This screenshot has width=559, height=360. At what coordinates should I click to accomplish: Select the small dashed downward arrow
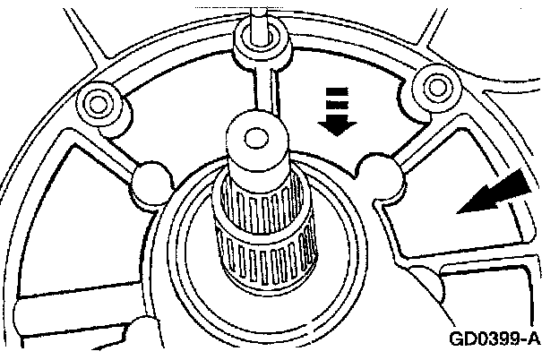coord(334,112)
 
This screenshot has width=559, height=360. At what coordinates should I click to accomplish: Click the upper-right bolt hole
coord(436,86)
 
